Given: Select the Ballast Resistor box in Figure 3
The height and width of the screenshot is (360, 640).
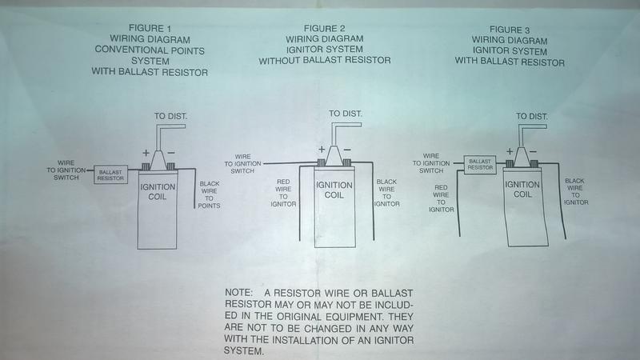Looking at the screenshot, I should (479, 165).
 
